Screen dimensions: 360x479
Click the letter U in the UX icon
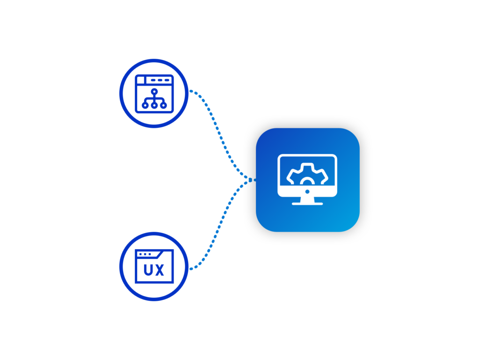click(x=148, y=271)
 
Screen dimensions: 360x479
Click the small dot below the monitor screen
click(x=307, y=191)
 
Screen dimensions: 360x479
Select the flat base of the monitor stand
click(x=307, y=204)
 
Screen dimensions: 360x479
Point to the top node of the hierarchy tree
click(x=154, y=90)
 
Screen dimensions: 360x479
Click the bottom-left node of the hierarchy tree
click(x=145, y=106)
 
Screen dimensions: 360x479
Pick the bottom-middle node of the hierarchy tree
click(x=154, y=106)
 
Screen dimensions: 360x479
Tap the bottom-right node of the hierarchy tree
click(x=163, y=106)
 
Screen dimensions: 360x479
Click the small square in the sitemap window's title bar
click(x=140, y=80)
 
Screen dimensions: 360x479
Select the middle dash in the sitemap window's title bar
click(x=160, y=80)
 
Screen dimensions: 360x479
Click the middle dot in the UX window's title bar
click(x=145, y=254)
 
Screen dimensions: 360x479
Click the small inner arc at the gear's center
click(x=307, y=180)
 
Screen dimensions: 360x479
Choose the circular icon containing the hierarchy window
click(x=154, y=93)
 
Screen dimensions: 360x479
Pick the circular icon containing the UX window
click(x=154, y=266)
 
